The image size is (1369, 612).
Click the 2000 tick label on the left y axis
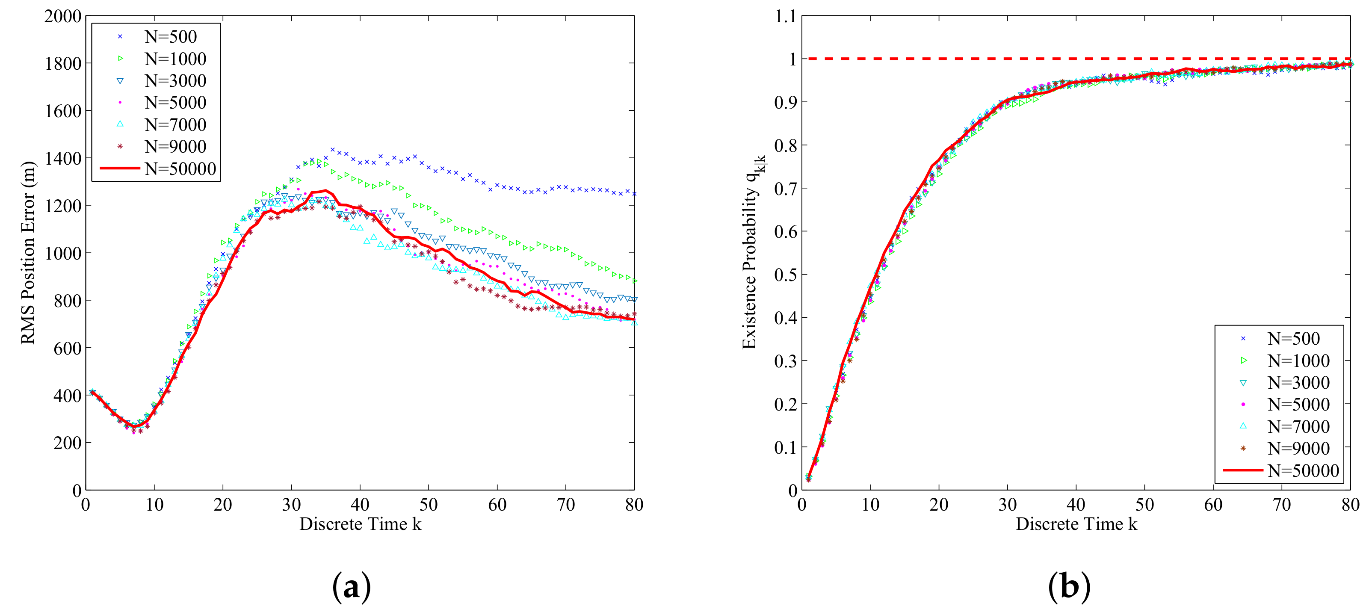pyautogui.click(x=63, y=17)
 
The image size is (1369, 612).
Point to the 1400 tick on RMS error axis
pyautogui.click(x=63, y=158)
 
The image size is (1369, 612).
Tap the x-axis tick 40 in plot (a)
pyautogui.click(x=360, y=504)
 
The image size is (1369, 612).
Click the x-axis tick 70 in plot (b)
pyautogui.click(x=1282, y=504)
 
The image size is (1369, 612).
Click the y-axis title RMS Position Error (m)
pyautogui.click(x=28, y=253)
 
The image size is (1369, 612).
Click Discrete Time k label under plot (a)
pyautogui.click(x=360, y=524)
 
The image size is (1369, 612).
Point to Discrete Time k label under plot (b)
pyautogui.click(x=1076, y=524)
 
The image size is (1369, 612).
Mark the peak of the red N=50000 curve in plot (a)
pyautogui.click(x=325, y=190)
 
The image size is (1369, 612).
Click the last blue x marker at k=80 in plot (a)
pyautogui.click(x=634, y=194)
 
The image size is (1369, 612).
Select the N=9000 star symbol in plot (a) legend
pyautogui.click(x=120, y=146)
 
